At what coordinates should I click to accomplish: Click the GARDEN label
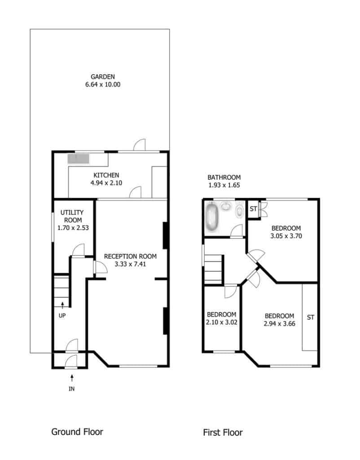click(x=103, y=77)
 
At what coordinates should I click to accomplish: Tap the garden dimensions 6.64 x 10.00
click(x=103, y=84)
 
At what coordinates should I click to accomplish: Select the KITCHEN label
click(x=106, y=175)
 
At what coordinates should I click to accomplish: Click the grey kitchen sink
click(x=78, y=159)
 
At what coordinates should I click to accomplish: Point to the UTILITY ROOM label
click(x=72, y=216)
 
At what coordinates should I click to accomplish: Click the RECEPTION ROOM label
click(x=130, y=257)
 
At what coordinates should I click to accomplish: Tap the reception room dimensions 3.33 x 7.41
click(x=130, y=264)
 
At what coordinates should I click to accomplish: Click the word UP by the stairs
click(x=62, y=316)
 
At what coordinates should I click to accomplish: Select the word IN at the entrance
click(x=71, y=389)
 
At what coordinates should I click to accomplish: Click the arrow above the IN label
click(x=72, y=378)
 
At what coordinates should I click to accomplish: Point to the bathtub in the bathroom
click(x=212, y=217)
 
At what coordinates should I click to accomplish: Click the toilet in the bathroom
click(x=240, y=210)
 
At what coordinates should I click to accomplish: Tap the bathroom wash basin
click(x=226, y=206)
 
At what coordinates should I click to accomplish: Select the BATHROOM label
click(x=224, y=177)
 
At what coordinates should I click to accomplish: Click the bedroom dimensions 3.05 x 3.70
click(x=286, y=236)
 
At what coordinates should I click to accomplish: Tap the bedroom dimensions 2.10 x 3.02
click(x=221, y=322)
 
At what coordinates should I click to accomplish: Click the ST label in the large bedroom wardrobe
click(x=311, y=318)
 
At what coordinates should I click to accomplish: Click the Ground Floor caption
click(x=77, y=432)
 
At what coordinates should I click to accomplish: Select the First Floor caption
click(x=223, y=433)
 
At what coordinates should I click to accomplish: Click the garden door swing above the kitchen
click(x=140, y=145)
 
